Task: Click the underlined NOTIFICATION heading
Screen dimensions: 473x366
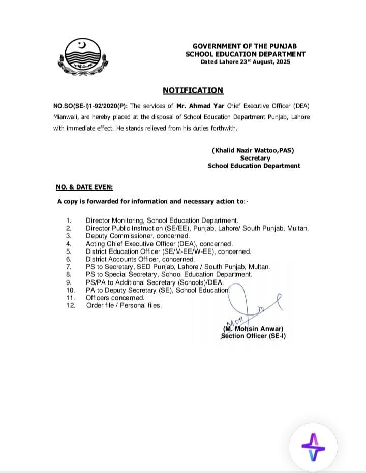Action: click(193, 90)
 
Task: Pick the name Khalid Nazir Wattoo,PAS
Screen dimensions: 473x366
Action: click(253, 150)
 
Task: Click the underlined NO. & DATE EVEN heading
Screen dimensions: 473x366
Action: click(85, 187)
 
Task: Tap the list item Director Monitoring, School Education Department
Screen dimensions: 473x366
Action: click(162, 221)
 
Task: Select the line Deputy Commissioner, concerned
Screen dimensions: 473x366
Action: click(137, 236)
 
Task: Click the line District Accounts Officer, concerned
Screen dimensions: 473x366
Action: click(140, 259)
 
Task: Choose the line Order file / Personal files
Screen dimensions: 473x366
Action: click(124, 305)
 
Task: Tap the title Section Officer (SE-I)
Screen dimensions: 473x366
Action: click(253, 336)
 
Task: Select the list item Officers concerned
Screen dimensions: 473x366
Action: click(115, 298)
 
